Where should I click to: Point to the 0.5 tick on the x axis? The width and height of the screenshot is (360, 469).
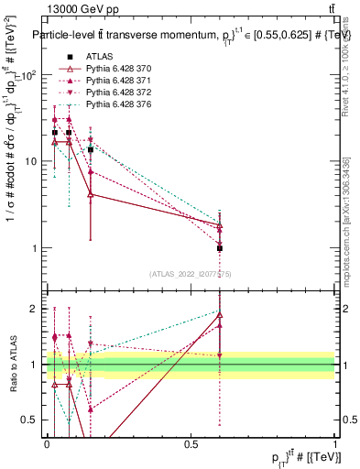(191, 443)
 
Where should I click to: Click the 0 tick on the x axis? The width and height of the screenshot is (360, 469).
(47, 443)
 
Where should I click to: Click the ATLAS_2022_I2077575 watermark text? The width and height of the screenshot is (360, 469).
(191, 273)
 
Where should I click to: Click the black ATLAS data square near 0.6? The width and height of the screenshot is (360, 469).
(220, 248)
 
